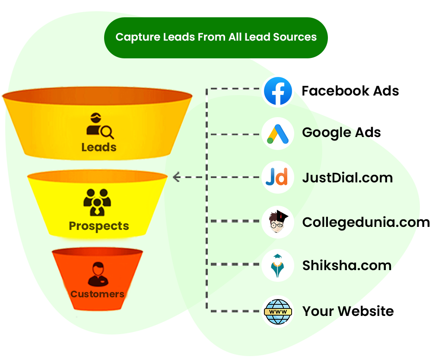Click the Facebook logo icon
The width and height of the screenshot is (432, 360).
coord(278,91)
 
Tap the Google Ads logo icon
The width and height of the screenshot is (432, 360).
coord(277,134)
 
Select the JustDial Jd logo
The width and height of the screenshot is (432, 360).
coord(277,177)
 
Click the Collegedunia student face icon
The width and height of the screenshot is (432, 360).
coord(277,222)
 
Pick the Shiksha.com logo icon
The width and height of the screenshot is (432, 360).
coord(277,266)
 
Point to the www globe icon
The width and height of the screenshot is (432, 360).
coord(277,311)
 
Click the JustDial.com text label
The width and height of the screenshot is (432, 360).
coord(347,178)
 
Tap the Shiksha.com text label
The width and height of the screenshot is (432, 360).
coord(346,265)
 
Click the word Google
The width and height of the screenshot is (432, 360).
coord(326,133)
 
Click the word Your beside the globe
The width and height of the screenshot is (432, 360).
coord(318,311)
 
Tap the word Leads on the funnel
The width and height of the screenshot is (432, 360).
coord(99,147)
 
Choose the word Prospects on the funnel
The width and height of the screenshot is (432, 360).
coord(99,226)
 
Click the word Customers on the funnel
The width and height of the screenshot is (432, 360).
coord(97,294)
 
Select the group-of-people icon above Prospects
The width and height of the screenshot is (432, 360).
coord(97,202)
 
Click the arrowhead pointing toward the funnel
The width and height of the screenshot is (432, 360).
coord(176,177)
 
